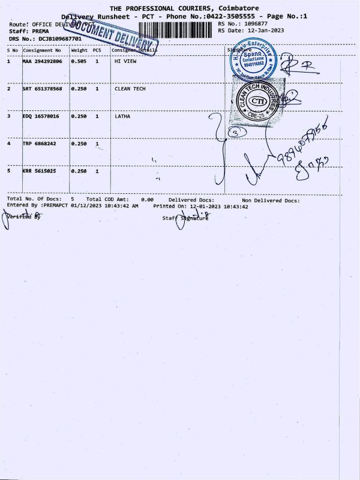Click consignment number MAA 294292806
tap(41, 61)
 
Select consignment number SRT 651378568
tap(41, 89)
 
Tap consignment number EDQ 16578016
tap(40, 116)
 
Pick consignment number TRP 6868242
tap(38, 144)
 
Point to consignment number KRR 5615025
tap(38, 172)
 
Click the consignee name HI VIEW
tap(124, 61)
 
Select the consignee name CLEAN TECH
tap(130, 89)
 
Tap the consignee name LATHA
tap(122, 116)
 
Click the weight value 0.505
tap(79, 61)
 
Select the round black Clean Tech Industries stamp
tap(258, 101)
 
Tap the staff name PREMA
tap(41, 30)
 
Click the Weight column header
tap(79, 50)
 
